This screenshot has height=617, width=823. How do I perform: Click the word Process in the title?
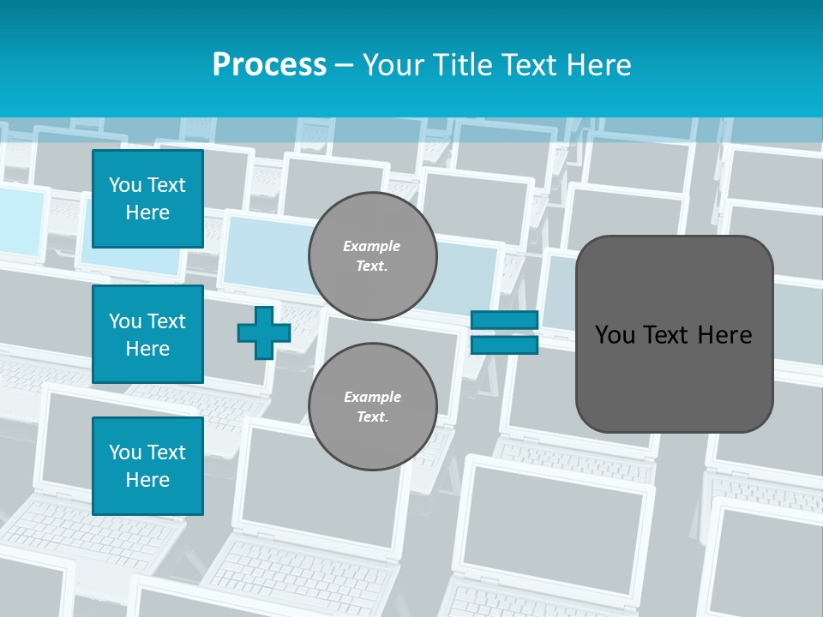pyautogui.click(x=269, y=65)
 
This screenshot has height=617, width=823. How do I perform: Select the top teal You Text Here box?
pyautogui.click(x=147, y=199)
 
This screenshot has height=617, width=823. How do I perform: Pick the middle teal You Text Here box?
pyautogui.click(x=147, y=334)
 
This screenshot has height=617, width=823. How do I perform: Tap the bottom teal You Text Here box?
pyautogui.click(x=147, y=466)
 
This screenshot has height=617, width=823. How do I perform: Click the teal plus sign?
pyautogui.click(x=264, y=333)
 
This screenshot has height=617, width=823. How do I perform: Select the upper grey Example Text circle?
pyautogui.click(x=372, y=256)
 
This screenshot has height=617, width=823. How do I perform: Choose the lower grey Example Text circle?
pyautogui.click(x=372, y=406)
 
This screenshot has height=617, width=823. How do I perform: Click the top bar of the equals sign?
pyautogui.click(x=504, y=320)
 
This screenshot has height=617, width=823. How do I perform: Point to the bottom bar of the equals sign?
pyautogui.click(x=504, y=344)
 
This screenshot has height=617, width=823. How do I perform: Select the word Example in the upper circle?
pyautogui.click(x=372, y=246)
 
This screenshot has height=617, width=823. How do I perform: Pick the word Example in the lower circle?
pyautogui.click(x=372, y=397)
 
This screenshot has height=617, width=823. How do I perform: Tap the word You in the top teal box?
pyautogui.click(x=124, y=185)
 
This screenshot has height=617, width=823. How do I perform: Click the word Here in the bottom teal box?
pyautogui.click(x=147, y=480)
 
